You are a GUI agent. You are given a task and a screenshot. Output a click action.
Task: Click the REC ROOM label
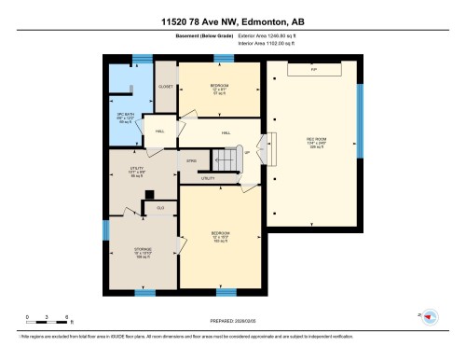pos(315,143)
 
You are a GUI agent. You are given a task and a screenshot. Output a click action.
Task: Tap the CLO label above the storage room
pos(160,207)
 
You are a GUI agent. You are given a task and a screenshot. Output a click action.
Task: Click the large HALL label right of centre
pos(226,133)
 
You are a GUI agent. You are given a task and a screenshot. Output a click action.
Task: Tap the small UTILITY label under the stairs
pos(209,177)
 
